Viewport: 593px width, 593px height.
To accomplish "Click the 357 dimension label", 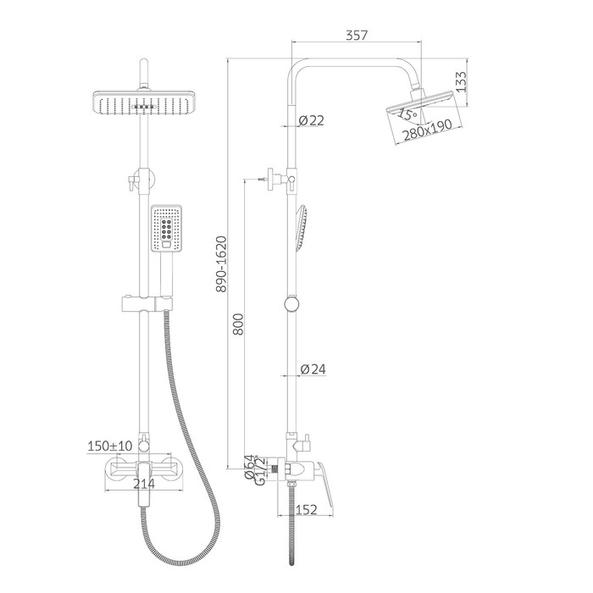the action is click(357, 36).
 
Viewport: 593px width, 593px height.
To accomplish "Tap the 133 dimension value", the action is click(461, 81).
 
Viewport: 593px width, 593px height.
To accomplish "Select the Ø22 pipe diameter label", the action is click(311, 120).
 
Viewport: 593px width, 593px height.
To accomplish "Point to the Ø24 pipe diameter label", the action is click(313, 369).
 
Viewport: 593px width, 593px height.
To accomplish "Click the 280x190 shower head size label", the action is click(427, 130).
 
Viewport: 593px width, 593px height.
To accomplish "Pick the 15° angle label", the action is click(407, 114).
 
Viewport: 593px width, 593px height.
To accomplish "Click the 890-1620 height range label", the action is click(221, 264).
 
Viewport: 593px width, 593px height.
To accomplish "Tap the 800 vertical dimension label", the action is click(238, 324).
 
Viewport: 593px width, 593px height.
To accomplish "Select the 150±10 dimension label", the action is click(110, 446).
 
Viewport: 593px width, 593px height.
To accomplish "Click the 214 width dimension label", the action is click(144, 484).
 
